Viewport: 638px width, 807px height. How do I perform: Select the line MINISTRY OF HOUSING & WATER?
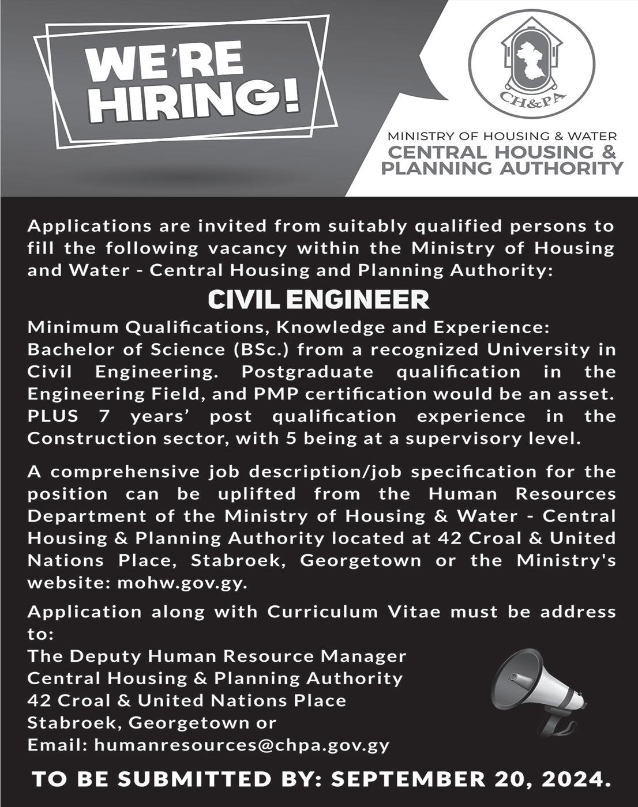coord(502,137)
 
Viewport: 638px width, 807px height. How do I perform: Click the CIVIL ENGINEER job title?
coord(319,300)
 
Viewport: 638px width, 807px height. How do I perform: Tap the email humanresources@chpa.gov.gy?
coord(242,745)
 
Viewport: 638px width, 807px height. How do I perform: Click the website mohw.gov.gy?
coord(182,582)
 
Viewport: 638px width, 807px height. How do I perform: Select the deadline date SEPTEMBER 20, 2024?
coord(471,779)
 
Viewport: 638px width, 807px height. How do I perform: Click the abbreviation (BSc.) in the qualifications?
coord(262,349)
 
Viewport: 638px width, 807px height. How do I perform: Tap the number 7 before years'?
coord(104,416)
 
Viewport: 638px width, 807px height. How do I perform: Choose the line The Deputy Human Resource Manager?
coord(217,656)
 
